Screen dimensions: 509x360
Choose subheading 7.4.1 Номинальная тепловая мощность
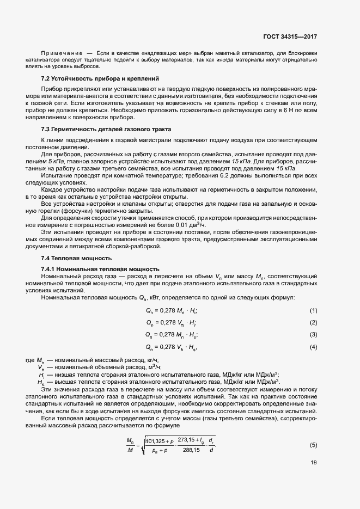100,269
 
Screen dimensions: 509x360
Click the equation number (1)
313,310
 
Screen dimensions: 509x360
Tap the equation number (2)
313,322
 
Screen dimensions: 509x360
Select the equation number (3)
313,334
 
